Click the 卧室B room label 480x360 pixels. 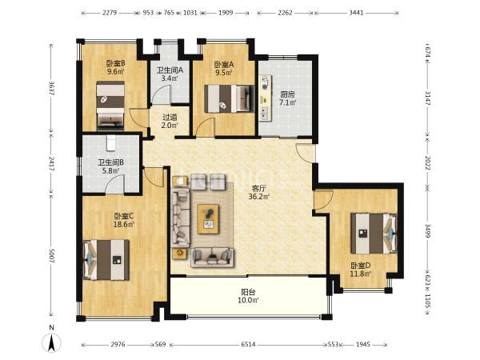pyautogui.click(x=115, y=64)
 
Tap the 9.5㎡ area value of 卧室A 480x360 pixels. pyautogui.click(x=224, y=73)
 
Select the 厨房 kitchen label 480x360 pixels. pyautogui.click(x=287, y=94)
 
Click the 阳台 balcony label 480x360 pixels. pyautogui.click(x=248, y=292)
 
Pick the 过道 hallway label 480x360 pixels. pyautogui.click(x=170, y=118)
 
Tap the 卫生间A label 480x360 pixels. pyautogui.click(x=170, y=70)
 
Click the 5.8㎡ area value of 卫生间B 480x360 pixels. pyautogui.click(x=111, y=170)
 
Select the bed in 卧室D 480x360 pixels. pyautogui.click(x=374, y=234)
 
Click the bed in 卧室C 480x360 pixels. pyautogui.click(x=106, y=260)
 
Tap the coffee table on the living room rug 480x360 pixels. pyautogui.click(x=208, y=219)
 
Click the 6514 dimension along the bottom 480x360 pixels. pyautogui.click(x=248, y=345)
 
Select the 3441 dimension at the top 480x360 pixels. pyautogui.click(x=356, y=13)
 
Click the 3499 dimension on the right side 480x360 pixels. pyautogui.click(x=428, y=230)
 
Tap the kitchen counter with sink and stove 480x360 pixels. pyautogui.click(x=265, y=98)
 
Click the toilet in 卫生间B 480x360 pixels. pyautogui.click(x=111, y=143)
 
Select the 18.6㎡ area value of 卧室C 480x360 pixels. pyautogui.click(x=124, y=224)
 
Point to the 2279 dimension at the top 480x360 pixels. pyautogui.click(x=110, y=13)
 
